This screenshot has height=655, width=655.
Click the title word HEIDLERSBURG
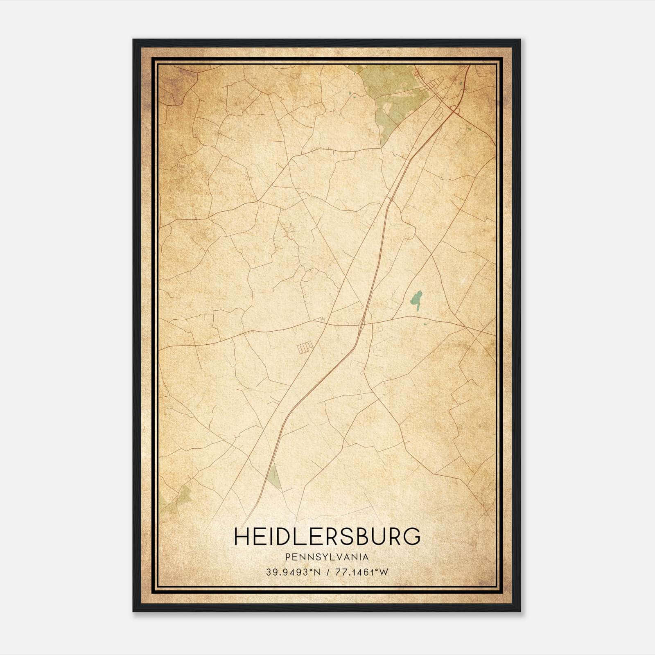327,536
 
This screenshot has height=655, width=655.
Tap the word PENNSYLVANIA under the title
327,557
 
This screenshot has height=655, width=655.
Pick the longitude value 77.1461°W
361,572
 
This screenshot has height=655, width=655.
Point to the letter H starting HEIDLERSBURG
241,536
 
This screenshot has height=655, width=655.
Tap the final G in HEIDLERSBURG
413,536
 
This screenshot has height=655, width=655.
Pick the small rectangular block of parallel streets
305,348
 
